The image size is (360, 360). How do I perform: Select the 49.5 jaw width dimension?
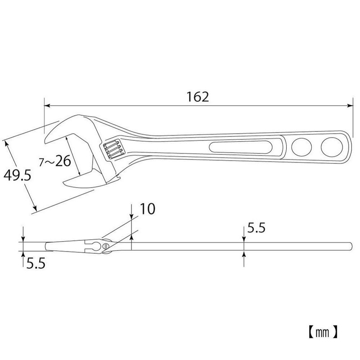click(x=16, y=175)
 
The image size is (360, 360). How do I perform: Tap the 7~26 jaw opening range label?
click(x=56, y=161)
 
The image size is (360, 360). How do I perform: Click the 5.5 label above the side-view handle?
click(x=255, y=228)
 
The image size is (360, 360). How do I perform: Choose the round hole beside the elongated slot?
click(x=301, y=146)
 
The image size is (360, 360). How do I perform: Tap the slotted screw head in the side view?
click(x=106, y=246)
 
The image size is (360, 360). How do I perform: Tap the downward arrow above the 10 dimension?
click(x=131, y=216)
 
